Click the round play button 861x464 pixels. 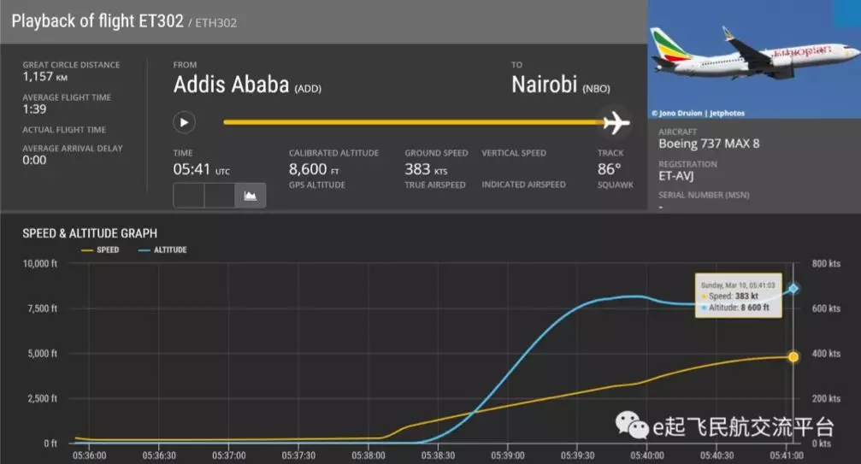[x=184, y=122]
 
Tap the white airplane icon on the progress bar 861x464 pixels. [x=615, y=122]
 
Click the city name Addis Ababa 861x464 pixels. [x=231, y=85]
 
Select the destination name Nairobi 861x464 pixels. [x=544, y=85]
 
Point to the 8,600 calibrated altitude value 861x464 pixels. [x=308, y=169]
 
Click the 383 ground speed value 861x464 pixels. [x=418, y=169]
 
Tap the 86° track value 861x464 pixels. [x=610, y=169]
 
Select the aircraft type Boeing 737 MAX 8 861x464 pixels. [x=709, y=144]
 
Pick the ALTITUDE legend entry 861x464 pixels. [x=168, y=250]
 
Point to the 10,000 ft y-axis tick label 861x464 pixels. [x=39, y=263]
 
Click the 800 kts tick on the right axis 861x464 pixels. [x=827, y=263]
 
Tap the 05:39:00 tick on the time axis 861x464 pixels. [x=508, y=455]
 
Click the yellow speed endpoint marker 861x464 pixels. [x=793, y=356]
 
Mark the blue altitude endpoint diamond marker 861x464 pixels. [x=793, y=289]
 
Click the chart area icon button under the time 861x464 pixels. [x=251, y=196]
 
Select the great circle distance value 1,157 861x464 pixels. [x=37, y=77]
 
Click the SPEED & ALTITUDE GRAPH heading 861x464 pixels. [x=90, y=233]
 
